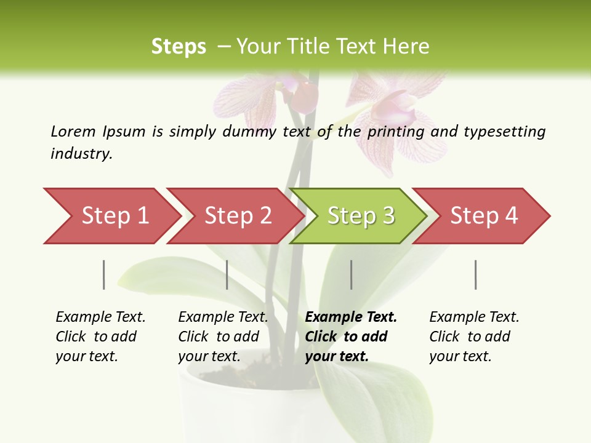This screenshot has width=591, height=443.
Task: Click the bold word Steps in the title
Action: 179,47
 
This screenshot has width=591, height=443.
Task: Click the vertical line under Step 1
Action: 104,274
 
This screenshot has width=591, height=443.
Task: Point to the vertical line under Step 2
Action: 227,274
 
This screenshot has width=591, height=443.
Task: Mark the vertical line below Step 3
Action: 352,274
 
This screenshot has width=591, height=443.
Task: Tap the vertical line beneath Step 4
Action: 476,274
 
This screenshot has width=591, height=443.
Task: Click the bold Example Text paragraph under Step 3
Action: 351,337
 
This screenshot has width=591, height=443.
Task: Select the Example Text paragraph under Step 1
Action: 100,337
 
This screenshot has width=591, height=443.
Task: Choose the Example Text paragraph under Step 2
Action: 223,337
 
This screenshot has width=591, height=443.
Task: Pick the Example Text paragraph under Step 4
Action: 474,337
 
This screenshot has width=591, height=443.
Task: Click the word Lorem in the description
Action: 73,131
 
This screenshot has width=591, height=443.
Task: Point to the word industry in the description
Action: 81,154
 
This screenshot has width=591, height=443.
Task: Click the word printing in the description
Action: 396,132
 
